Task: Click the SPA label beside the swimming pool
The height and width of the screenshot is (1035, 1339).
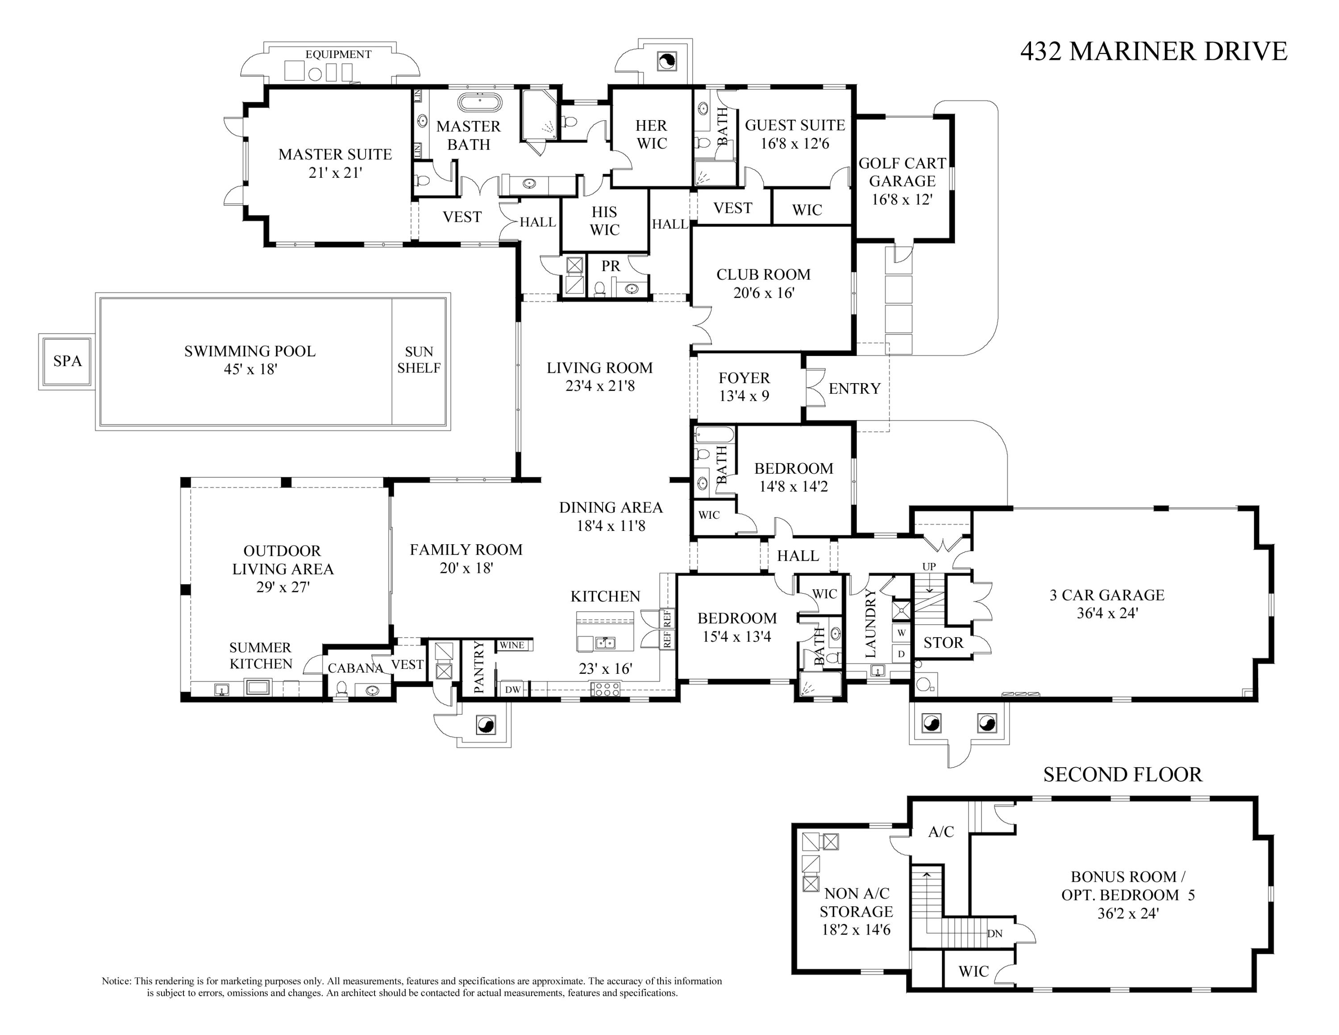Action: coord(67,361)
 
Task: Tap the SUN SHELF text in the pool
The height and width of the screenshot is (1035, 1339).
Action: coord(419,360)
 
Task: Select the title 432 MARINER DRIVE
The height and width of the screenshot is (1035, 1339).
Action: coord(1153,51)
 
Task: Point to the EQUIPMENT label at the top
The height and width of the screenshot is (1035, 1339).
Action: coord(338,54)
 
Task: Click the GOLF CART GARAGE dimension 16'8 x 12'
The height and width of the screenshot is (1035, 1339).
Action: coord(902,199)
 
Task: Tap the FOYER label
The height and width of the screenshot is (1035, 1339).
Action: coord(744,378)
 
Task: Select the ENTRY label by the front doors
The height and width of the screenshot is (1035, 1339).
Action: coord(854,388)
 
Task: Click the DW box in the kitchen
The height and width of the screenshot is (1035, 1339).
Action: coord(512,690)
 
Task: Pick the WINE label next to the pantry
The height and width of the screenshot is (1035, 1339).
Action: coord(512,645)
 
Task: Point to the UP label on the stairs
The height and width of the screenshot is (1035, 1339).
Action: coord(929,567)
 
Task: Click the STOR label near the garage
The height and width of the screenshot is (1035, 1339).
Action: coord(943,643)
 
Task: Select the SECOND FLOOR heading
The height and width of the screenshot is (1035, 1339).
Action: coord(1123,774)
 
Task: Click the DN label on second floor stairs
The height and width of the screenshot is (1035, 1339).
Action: coord(994,933)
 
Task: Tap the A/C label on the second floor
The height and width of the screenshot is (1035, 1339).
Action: coord(940,831)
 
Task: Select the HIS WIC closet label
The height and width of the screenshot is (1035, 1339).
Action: coord(604,221)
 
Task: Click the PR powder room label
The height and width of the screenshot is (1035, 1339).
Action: coord(611,266)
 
